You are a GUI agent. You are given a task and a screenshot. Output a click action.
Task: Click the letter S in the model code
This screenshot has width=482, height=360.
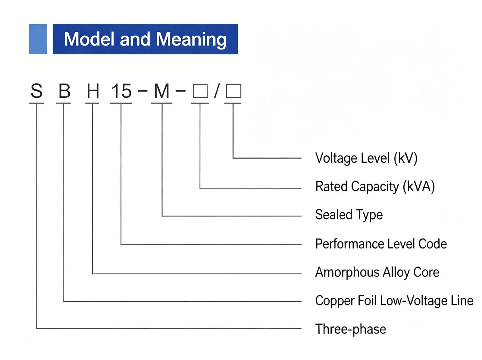click(x=36, y=91)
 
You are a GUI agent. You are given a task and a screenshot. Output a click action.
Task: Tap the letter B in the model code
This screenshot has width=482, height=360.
click(x=64, y=91)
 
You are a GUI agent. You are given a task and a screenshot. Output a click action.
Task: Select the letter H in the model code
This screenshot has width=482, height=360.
click(x=93, y=91)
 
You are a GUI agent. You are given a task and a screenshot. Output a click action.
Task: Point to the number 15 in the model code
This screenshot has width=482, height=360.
click(x=121, y=91)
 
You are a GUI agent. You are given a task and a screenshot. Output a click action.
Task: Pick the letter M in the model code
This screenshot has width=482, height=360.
click(x=161, y=91)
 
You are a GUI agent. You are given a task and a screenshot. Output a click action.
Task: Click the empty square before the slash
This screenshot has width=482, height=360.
click(x=200, y=91)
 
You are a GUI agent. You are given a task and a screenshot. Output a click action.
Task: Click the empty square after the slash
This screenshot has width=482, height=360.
click(x=234, y=90)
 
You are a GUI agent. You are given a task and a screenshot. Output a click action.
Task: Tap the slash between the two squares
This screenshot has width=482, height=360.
click(x=217, y=91)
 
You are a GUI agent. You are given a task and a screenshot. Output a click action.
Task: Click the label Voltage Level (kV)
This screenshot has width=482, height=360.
click(x=366, y=158)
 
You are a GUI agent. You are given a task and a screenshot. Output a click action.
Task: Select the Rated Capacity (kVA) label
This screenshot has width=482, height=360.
click(x=375, y=187)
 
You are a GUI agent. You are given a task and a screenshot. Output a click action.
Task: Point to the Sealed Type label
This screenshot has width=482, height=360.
click(x=349, y=215)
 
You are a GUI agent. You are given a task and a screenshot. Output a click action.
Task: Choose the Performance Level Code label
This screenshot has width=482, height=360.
click(x=381, y=244)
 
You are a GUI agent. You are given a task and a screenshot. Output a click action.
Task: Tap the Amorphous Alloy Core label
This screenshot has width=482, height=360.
click(x=377, y=273)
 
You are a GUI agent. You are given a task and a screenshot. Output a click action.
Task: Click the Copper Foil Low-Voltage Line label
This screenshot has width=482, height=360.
click(x=394, y=301)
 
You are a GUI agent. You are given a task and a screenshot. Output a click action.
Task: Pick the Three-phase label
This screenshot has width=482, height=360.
click(x=351, y=329)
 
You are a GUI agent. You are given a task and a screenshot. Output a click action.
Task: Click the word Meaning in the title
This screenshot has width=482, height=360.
click(x=191, y=39)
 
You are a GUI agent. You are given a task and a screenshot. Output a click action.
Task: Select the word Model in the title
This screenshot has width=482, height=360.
click(x=89, y=39)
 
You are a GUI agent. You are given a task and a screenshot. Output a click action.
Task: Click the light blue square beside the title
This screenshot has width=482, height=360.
click(x=38, y=39)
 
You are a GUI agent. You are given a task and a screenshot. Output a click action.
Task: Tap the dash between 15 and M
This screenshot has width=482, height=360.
click(x=142, y=90)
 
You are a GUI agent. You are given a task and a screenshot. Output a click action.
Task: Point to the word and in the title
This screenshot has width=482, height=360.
click(x=135, y=39)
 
